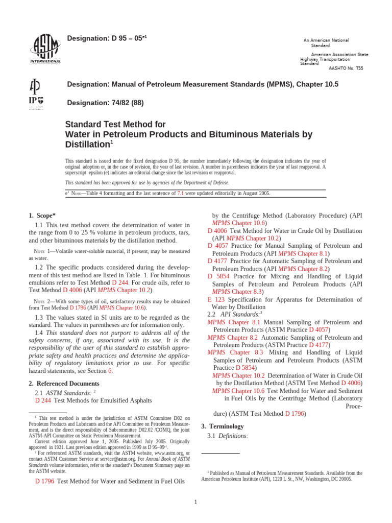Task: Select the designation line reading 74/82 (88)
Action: click(106, 103)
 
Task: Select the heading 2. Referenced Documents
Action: click(64, 383)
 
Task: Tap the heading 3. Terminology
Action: click(222, 426)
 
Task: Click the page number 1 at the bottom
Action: click(195, 502)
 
